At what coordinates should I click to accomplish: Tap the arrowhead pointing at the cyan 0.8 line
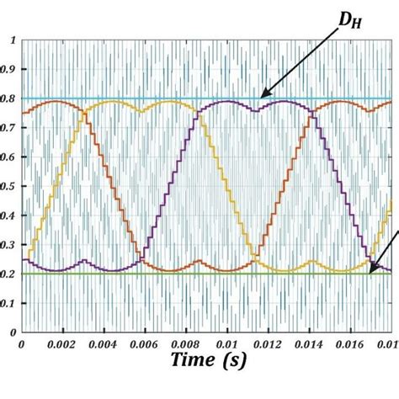[x=263, y=96]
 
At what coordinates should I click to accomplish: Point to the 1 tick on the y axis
[x=11, y=40]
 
